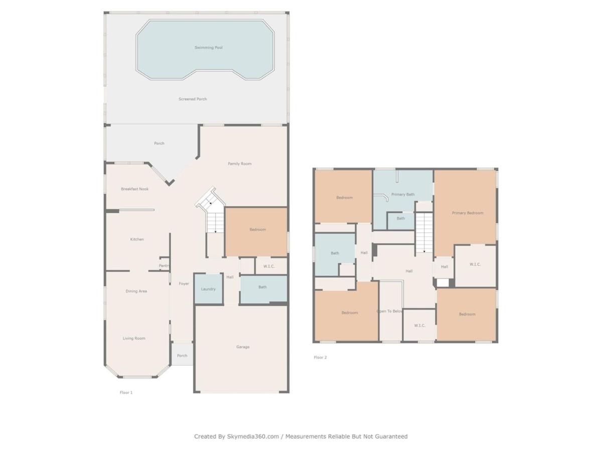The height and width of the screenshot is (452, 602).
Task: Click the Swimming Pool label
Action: coord(208,48)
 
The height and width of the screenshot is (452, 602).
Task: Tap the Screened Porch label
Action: coord(193,99)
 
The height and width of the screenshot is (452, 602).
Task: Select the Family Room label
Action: coord(239,164)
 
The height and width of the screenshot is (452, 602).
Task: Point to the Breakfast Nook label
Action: coord(134,189)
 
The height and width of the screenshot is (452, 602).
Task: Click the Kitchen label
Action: coord(137,239)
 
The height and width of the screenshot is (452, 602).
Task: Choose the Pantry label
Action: coord(164,266)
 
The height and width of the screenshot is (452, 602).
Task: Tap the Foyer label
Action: coord(184,283)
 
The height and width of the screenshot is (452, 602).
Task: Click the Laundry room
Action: coord(208,289)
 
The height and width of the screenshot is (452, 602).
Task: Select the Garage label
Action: coord(243,347)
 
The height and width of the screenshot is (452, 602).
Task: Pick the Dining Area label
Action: coord(136,291)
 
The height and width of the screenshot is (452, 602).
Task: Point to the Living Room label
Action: coord(134,338)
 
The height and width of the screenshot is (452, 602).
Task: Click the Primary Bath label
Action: coord(403,194)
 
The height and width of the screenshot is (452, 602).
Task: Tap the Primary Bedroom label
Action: coord(468,212)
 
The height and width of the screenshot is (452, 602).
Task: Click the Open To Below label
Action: coord(389,311)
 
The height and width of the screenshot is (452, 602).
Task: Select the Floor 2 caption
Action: coord(320,357)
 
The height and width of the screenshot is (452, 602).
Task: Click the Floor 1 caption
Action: coord(126,392)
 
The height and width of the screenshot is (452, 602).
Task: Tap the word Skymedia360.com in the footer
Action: coord(253,436)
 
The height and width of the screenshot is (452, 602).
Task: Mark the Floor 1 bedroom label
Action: coord(257,230)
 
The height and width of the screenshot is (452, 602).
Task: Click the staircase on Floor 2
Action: coord(424,233)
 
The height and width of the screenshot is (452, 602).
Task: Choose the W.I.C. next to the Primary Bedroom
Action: coord(475,264)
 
